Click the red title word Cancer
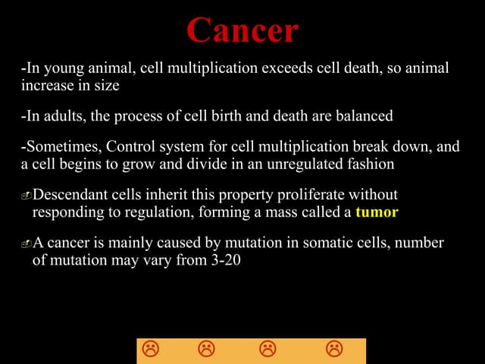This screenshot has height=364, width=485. [242, 30]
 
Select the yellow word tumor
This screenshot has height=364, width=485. [377, 212]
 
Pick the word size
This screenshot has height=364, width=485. [105, 86]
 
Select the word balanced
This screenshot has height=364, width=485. [363, 117]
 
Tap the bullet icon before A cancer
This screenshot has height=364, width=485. [26, 244]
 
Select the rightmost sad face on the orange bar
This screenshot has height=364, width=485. [333, 350]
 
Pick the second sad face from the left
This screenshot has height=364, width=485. [206, 350]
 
